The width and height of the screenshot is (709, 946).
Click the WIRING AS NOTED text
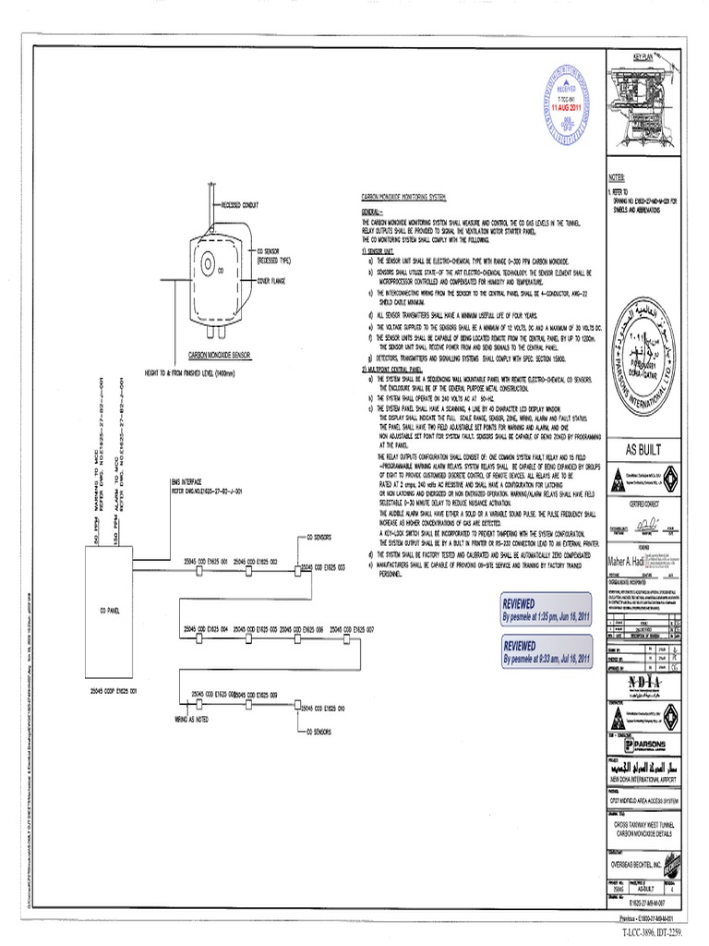pos(192,717)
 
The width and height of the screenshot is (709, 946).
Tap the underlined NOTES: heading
pos(617,175)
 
